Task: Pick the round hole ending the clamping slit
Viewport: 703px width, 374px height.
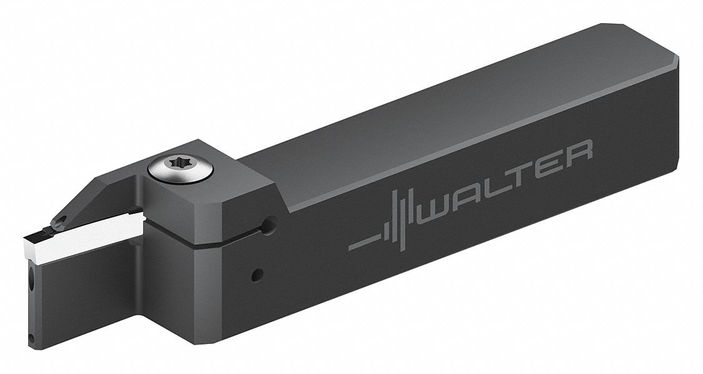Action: (269, 224)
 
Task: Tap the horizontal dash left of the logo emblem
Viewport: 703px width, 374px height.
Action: (362, 243)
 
